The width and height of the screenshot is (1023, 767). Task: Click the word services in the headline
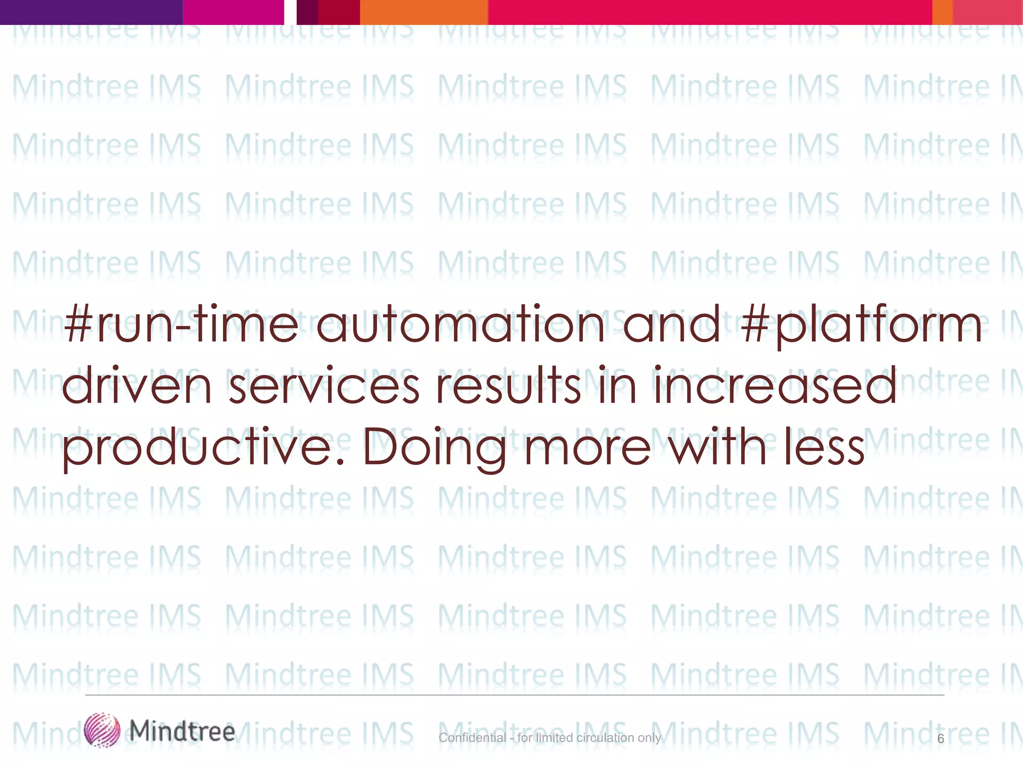tap(324, 386)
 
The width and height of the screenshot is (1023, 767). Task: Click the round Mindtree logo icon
tap(102, 730)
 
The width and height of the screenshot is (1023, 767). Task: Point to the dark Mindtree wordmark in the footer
tap(182, 731)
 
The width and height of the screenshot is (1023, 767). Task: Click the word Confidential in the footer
tap(473, 738)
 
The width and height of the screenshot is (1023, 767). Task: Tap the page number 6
tap(941, 739)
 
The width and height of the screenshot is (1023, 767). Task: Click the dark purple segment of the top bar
tap(91, 12)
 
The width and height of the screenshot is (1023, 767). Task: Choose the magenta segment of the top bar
tap(233, 12)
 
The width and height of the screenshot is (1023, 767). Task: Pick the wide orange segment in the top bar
tap(424, 12)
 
